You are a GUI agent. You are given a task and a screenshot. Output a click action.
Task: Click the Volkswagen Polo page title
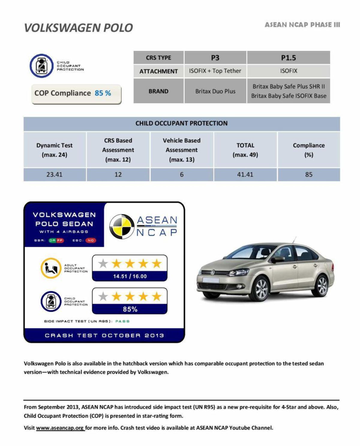78,28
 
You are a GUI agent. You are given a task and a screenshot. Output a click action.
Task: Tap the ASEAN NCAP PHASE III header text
302,25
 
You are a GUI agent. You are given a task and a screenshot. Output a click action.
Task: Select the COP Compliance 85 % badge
76,94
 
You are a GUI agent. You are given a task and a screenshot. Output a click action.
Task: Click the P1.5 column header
288,58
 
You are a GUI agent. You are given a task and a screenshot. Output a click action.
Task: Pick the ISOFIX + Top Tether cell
215,71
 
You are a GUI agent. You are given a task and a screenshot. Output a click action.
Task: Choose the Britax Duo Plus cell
215,91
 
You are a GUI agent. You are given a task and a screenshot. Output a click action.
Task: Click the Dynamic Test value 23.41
54,174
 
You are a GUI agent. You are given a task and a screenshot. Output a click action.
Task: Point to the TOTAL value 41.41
245,174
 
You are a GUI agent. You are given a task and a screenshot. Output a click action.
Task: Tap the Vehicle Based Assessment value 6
181,174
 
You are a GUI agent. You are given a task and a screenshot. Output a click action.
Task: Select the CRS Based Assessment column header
118,150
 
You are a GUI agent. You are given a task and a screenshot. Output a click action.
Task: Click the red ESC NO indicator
91,240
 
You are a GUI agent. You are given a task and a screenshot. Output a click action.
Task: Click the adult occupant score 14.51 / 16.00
130,276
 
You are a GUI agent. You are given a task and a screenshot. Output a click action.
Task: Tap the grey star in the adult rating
103,264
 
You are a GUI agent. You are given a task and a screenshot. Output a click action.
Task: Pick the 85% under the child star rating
130,309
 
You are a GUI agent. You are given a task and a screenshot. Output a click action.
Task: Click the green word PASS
122,321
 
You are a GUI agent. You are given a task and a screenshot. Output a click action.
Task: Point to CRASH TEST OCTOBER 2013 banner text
104,335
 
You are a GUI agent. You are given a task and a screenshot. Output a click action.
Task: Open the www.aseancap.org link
60,428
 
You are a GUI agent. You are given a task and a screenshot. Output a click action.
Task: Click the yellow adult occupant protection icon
51,268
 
